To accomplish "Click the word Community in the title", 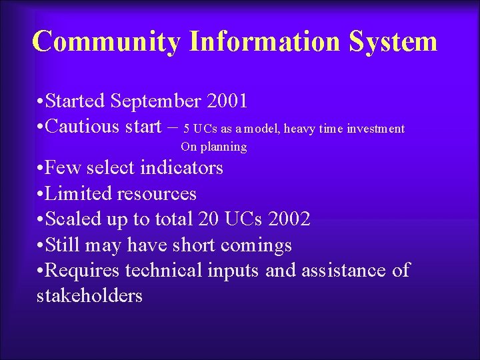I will click(x=106, y=41).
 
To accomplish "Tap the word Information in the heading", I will click(x=266, y=41).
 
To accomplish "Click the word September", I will click(x=157, y=101).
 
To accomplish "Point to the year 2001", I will click(x=227, y=101).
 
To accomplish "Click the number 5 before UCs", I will click(x=187, y=129).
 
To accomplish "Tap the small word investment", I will click(x=375, y=129).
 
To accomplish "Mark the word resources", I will click(x=157, y=194).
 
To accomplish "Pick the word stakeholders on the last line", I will click(x=89, y=295).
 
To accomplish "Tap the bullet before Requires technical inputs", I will click(x=41, y=271).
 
